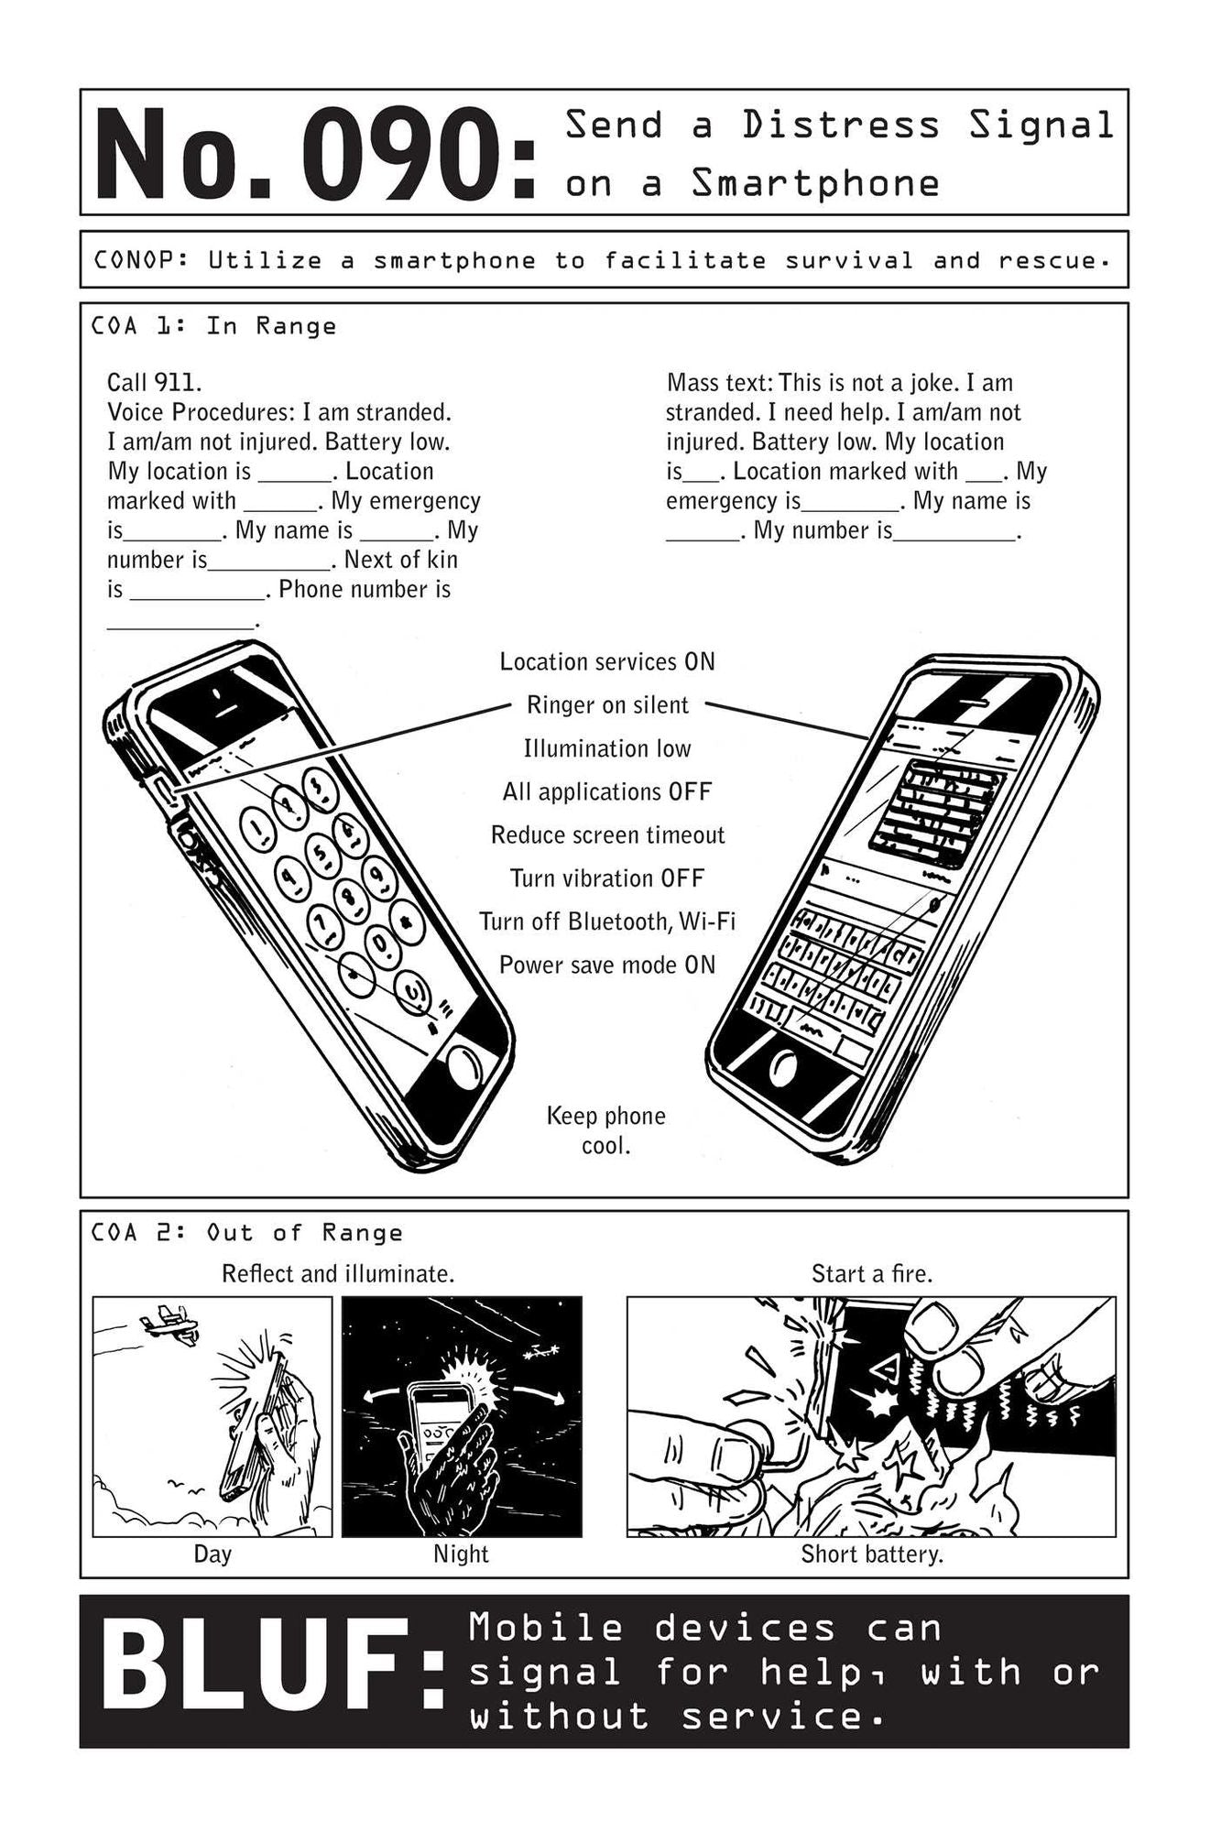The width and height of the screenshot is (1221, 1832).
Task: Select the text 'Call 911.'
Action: [154, 382]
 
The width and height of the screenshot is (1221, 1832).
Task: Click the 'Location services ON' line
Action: [607, 661]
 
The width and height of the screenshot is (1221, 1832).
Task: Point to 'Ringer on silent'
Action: [607, 704]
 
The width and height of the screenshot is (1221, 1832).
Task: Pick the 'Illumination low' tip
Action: [607, 748]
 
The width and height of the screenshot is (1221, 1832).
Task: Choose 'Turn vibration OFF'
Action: [607, 878]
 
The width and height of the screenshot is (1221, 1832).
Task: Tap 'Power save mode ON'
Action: [607, 965]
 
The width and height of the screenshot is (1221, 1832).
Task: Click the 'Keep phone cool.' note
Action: [606, 1130]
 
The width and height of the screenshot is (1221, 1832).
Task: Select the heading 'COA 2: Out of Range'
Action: [246, 1233]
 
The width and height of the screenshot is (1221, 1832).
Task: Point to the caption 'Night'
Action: [461, 1554]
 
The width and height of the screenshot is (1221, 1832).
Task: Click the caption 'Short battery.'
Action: [872, 1554]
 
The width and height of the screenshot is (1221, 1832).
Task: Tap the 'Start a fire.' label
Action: [872, 1273]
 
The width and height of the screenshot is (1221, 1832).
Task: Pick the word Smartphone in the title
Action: [815, 183]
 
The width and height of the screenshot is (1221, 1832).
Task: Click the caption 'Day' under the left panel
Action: [213, 1554]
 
